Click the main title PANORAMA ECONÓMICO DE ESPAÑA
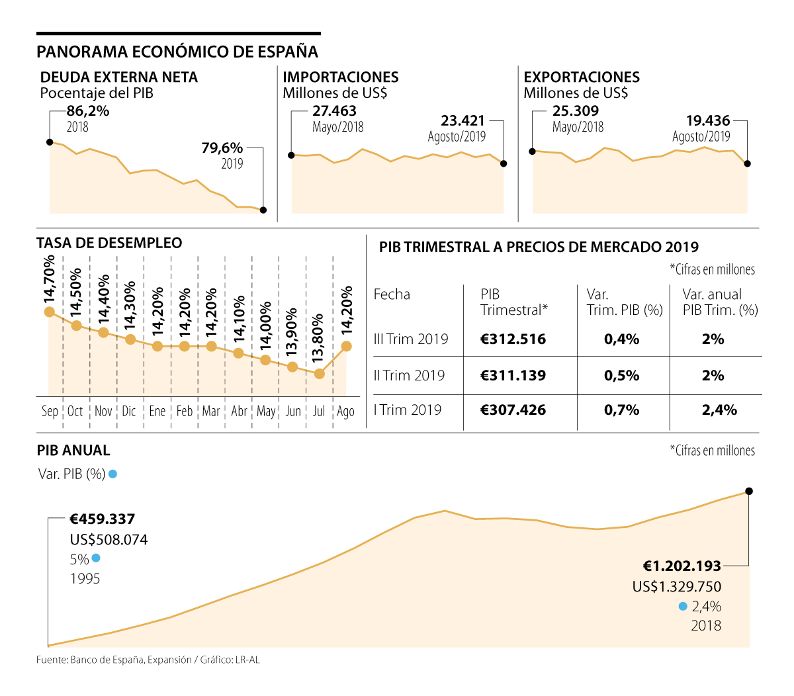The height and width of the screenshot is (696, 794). pyautogui.click(x=177, y=52)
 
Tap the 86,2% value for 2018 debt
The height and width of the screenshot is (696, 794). pyautogui.click(x=88, y=111)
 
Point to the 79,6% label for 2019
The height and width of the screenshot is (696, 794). pyautogui.click(x=222, y=148)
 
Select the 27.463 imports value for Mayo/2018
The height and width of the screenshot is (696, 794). pyautogui.click(x=334, y=111)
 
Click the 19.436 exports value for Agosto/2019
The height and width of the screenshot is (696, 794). pyautogui.click(x=708, y=121)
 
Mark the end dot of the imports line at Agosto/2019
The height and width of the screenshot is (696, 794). pyautogui.click(x=504, y=163)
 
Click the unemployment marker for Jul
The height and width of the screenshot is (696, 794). pyautogui.click(x=320, y=374)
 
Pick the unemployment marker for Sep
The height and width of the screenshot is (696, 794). pyautogui.click(x=49, y=312)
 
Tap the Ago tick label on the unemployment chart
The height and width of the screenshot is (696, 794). pyautogui.click(x=345, y=412)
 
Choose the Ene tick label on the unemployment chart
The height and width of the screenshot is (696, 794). pyautogui.click(x=157, y=412)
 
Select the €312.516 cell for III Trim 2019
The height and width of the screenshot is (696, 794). pyautogui.click(x=513, y=339)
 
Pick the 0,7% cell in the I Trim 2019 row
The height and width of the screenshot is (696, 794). pyautogui.click(x=622, y=410)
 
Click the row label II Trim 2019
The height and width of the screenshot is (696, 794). pyautogui.click(x=409, y=376)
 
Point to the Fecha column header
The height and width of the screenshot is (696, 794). pyautogui.click(x=392, y=294)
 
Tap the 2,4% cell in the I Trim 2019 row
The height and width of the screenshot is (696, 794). pyautogui.click(x=719, y=410)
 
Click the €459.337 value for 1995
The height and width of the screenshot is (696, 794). pyautogui.click(x=103, y=519)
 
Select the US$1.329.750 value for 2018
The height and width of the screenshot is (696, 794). pyautogui.click(x=676, y=587)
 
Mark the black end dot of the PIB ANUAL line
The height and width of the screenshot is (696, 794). pyautogui.click(x=749, y=491)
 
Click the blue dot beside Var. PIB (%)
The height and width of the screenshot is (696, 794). pyautogui.click(x=113, y=474)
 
